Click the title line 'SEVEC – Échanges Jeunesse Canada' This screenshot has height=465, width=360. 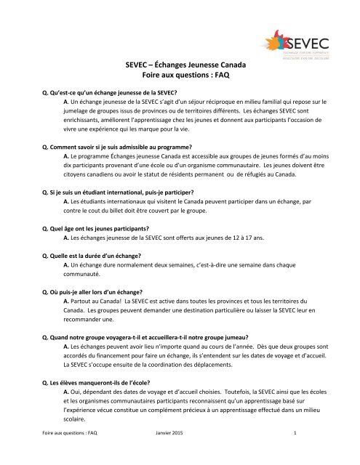click(x=180, y=64)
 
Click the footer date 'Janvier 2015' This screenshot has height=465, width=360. click(x=170, y=453)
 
